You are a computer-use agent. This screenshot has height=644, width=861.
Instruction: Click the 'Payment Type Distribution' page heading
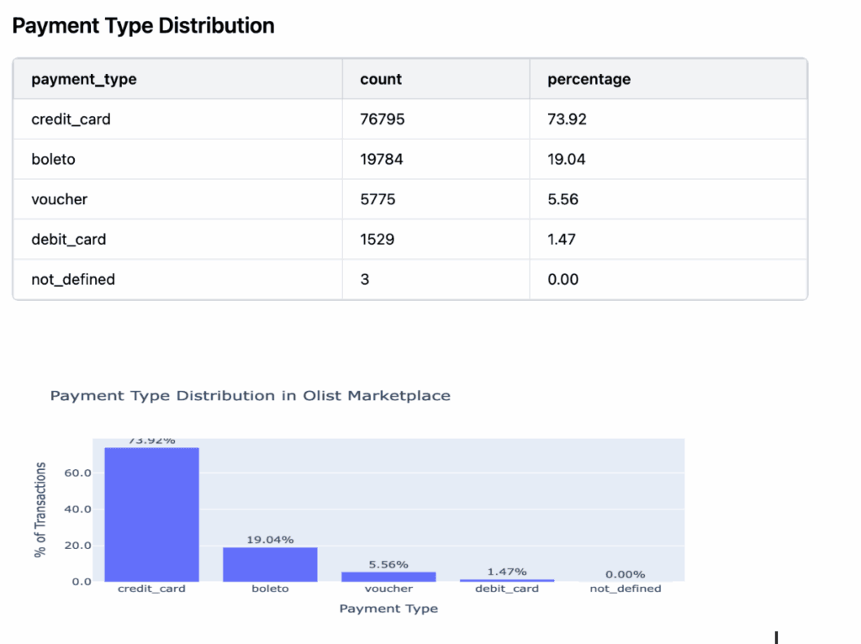click(x=143, y=26)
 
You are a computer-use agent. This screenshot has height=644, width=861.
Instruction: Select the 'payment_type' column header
click(x=84, y=80)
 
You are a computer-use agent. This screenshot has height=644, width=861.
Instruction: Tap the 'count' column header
click(x=381, y=80)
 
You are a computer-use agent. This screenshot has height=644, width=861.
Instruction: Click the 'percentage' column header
click(x=589, y=80)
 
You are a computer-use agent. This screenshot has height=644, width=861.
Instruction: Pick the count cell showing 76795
click(x=383, y=119)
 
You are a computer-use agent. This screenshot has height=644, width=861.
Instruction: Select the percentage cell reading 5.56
click(x=563, y=199)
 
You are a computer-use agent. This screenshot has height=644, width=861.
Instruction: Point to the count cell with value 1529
click(x=377, y=240)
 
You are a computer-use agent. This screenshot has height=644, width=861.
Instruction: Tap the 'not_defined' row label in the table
click(x=73, y=279)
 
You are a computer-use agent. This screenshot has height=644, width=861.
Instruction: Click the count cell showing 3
click(x=365, y=279)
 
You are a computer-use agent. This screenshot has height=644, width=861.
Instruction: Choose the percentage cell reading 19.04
click(x=567, y=159)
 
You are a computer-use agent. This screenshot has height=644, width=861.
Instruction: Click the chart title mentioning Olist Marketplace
click(x=251, y=395)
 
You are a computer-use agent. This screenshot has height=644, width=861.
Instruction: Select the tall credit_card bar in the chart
click(x=151, y=515)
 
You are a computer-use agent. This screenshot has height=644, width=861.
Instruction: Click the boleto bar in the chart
click(x=270, y=564)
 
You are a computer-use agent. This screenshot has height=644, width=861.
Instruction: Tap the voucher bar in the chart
click(x=388, y=576)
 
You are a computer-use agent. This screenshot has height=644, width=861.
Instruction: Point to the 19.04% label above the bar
click(x=270, y=540)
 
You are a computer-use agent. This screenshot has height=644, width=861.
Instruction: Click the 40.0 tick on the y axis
click(x=77, y=509)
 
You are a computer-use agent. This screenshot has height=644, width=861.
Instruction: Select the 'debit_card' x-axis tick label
click(x=507, y=589)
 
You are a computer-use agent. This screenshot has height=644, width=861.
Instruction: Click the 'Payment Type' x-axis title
click(x=388, y=609)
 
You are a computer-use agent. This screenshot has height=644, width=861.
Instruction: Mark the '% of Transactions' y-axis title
click(x=40, y=509)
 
